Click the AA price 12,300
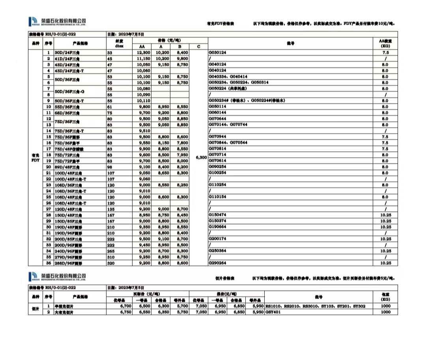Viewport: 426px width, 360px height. coord(144,52)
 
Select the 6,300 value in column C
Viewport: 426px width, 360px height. coord(201,157)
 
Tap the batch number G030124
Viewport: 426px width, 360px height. coord(217,52)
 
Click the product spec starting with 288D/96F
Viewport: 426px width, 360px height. coord(68,263)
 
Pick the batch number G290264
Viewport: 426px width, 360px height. coord(217,263)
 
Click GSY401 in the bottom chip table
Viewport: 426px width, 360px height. coord(272,312)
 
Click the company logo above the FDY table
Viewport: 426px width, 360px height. coord(57,21)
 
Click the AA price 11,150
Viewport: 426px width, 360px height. coord(144,58)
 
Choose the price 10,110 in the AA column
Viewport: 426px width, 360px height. coord(144,101)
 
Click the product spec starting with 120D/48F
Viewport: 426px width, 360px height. coord(67,209)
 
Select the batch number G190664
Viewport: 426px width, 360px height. coord(217,227)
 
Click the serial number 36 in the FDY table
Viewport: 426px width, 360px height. coord(49,263)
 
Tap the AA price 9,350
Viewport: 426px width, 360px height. coord(144,227)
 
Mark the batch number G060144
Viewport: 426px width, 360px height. coord(217,112)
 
